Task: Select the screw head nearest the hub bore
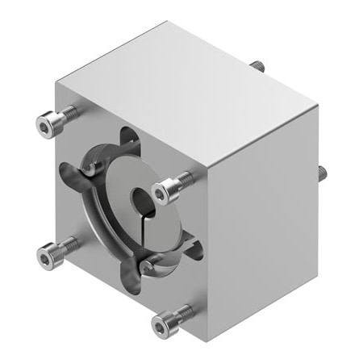pos(165,191)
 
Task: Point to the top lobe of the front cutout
pos(127,139)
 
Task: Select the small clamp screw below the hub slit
pos(148,264)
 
